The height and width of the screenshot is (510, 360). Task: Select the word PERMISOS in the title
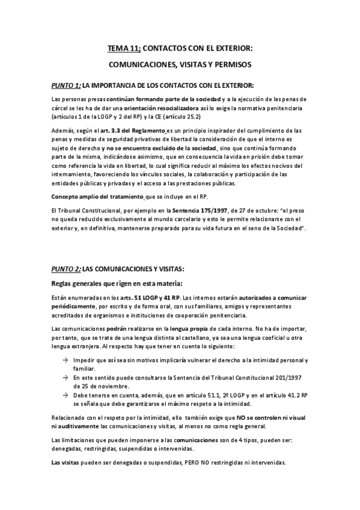231,63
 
